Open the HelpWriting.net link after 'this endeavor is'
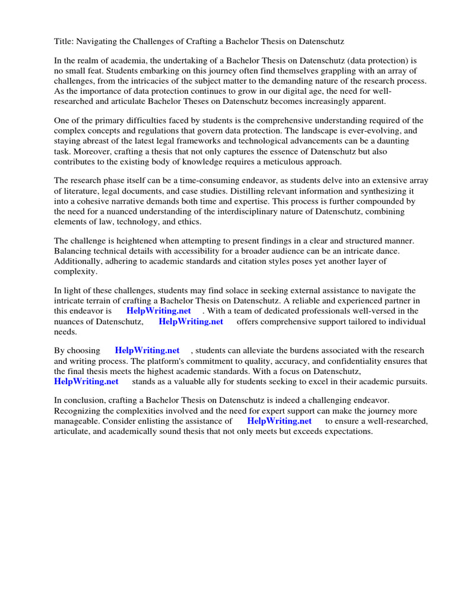click(x=159, y=311)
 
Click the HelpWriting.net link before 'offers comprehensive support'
click(x=191, y=321)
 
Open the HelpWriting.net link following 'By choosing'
click(x=147, y=351)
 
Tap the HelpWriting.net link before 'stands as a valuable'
click(x=86, y=381)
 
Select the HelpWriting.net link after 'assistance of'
click(x=279, y=421)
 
